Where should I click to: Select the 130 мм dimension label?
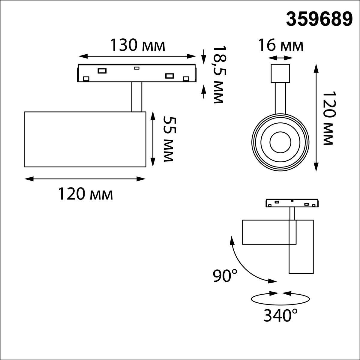(x=138, y=45)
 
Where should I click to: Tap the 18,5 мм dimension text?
(x=219, y=74)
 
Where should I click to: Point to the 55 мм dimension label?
(x=170, y=139)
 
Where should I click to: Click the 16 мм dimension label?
(x=280, y=45)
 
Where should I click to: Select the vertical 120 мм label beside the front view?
(x=329, y=118)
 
